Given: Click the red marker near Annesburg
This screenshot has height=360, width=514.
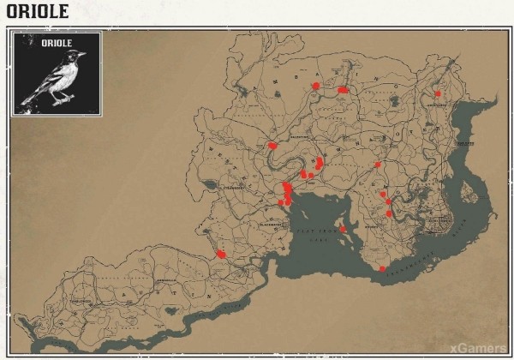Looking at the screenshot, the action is pos(438,93).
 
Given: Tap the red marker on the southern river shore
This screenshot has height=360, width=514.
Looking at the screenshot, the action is pos(382,269).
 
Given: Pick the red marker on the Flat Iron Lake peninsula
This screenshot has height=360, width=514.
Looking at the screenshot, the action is pos(343,229).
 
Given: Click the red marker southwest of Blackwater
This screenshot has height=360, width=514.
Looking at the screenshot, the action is pos(221,254).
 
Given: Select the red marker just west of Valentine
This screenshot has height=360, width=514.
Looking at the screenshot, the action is pos(272,146).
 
